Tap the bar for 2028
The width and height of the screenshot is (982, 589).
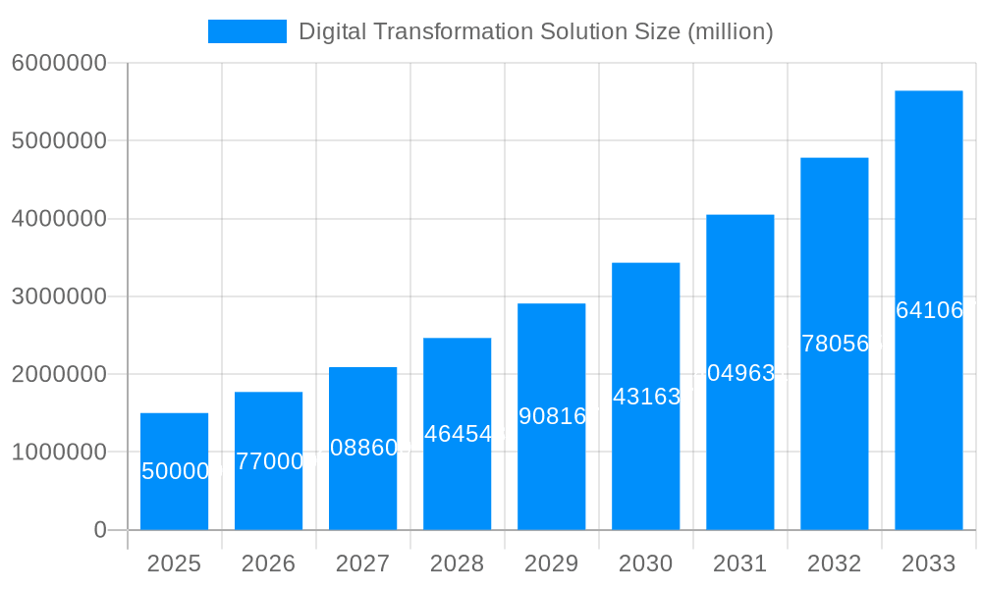(457, 481)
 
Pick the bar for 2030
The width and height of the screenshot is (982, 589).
(645, 461)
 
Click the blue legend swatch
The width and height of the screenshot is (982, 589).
(246, 31)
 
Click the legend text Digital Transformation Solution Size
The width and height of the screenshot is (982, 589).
(535, 31)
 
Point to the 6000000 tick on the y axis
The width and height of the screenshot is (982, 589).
(59, 63)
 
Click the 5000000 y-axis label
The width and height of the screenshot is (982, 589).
(59, 140)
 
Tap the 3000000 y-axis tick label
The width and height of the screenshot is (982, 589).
(59, 296)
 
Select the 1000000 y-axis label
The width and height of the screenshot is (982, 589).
(59, 453)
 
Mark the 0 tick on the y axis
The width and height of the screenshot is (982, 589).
(100, 530)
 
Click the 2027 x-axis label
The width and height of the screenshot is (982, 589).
(362, 563)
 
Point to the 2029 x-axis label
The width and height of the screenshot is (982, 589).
(551, 563)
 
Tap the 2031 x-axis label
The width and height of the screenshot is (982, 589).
(739, 563)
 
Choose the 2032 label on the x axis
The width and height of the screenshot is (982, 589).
(834, 563)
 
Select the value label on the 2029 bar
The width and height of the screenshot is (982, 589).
(551, 416)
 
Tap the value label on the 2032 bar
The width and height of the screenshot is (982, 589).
(835, 344)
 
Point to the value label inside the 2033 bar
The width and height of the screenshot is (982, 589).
(929, 310)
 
